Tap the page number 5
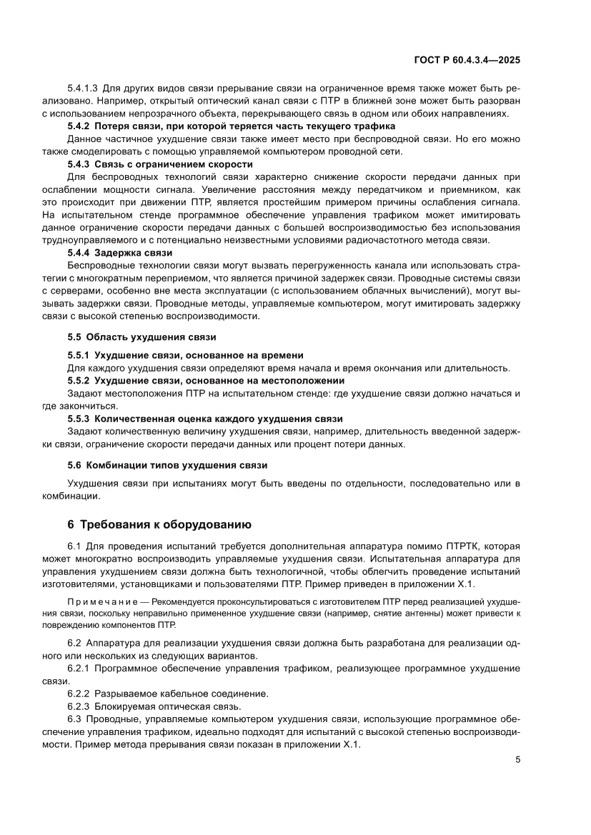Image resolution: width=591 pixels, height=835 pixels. [517, 759]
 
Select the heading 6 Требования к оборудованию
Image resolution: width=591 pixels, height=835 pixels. [157, 524]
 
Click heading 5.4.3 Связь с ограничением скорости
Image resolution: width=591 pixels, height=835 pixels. [159, 164]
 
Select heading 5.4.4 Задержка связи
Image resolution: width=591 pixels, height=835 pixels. [119, 253]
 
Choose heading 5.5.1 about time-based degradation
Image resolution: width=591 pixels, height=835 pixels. [185, 355]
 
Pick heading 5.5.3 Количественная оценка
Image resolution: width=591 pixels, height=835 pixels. [205, 419]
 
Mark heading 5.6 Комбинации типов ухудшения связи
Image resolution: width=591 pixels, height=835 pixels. [167, 465]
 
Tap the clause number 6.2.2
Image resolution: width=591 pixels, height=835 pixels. [78, 694]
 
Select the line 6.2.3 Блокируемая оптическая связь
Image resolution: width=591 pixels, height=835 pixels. [154, 706]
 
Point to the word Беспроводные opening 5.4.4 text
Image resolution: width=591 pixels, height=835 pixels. [99, 266]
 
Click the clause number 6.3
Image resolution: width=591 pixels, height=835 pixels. [75, 719]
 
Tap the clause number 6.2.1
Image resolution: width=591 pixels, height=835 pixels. [78, 668]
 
